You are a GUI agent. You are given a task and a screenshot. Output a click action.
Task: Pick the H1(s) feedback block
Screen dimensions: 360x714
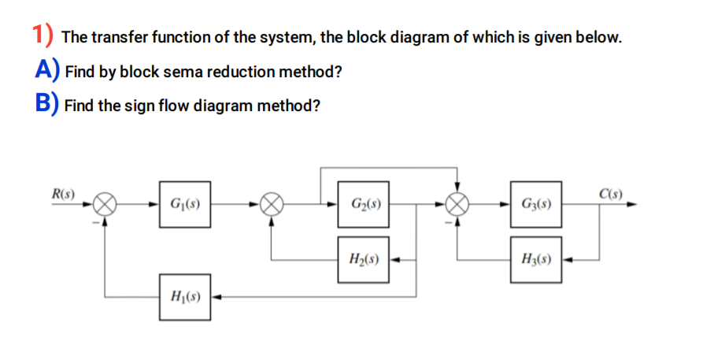(x=184, y=297)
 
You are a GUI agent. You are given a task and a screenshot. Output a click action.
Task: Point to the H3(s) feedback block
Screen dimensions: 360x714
(x=535, y=258)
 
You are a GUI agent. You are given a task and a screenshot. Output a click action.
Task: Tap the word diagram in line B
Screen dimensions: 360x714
(x=228, y=105)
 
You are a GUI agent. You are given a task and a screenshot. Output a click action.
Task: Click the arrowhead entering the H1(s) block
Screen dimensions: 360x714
(x=216, y=297)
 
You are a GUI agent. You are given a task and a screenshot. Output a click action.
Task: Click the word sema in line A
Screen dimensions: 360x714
(x=183, y=72)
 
